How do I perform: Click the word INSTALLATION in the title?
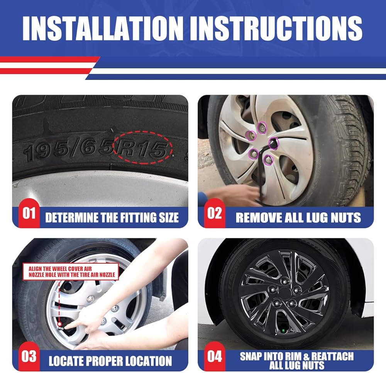pos(103,28)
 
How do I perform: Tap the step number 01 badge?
pos(29,213)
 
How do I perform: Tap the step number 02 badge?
pos(214,213)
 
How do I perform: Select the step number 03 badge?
pos(29,356)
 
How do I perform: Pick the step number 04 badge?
pos(214,356)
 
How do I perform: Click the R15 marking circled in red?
pos(143,148)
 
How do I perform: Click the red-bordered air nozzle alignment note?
pos(71,271)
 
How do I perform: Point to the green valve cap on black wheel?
pos(283,331)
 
